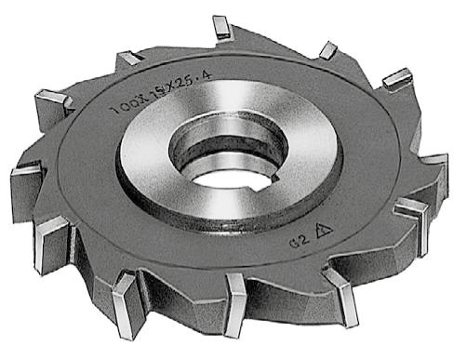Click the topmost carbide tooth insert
221,28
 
